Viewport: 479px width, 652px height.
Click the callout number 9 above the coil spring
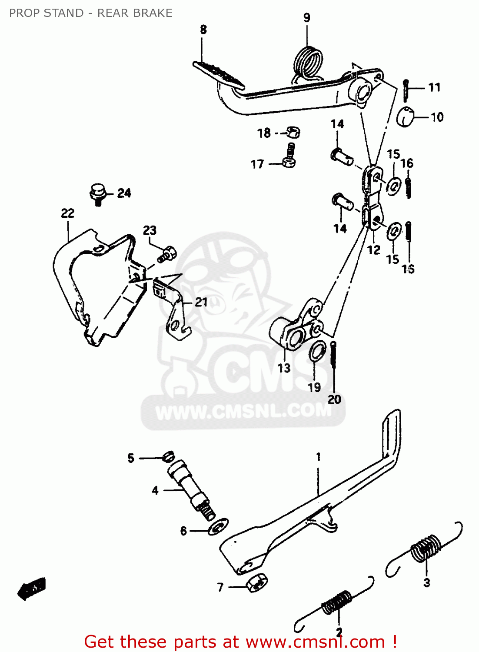point(307,18)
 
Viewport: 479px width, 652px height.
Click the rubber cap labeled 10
point(406,116)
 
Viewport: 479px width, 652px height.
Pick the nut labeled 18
point(293,132)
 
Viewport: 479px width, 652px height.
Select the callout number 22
point(68,213)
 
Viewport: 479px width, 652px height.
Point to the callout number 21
point(201,302)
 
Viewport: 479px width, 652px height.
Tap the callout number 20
point(334,399)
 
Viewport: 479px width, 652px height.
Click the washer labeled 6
point(218,527)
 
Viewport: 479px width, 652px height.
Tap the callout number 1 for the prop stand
point(318,457)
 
